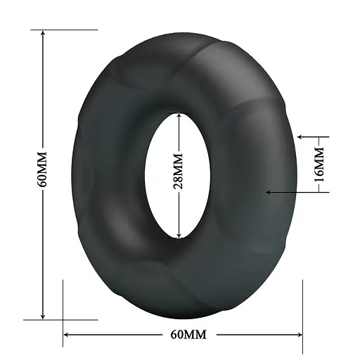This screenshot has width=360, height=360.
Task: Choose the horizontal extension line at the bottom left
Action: click(x=56, y=319)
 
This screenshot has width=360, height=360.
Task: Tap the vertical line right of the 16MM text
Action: click(x=328, y=163)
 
